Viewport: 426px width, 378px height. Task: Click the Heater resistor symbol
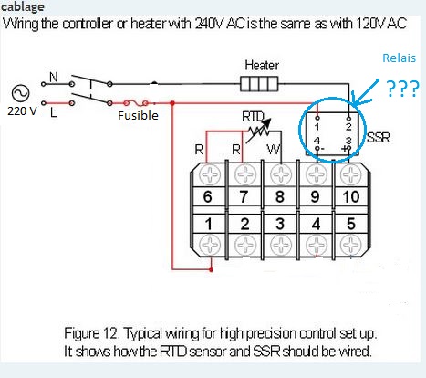coord(259,84)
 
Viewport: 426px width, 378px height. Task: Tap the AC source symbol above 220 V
coord(21,93)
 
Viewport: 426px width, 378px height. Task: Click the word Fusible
coord(138,116)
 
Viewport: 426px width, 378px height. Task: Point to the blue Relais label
coord(399,58)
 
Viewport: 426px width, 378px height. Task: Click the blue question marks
coord(402,89)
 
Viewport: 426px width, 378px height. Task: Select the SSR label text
coord(379,138)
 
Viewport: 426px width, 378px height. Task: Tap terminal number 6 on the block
coord(207,196)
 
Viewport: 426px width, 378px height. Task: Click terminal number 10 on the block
coord(351,196)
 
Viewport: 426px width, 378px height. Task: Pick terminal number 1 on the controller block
coord(208,225)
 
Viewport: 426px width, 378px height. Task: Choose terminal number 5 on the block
coord(351,224)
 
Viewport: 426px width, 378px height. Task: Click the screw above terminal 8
coord(281,174)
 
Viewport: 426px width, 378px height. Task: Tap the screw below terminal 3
coord(281,245)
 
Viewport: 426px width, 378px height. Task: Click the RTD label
coord(253,117)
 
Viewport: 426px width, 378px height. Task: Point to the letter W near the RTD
coord(274,150)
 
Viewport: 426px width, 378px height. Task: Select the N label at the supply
coord(54,77)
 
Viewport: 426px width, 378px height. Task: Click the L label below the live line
coord(54,113)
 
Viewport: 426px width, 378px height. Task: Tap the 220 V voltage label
coord(22,111)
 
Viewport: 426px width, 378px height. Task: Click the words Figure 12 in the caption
coord(90,333)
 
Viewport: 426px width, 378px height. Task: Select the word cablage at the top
coord(23,6)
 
